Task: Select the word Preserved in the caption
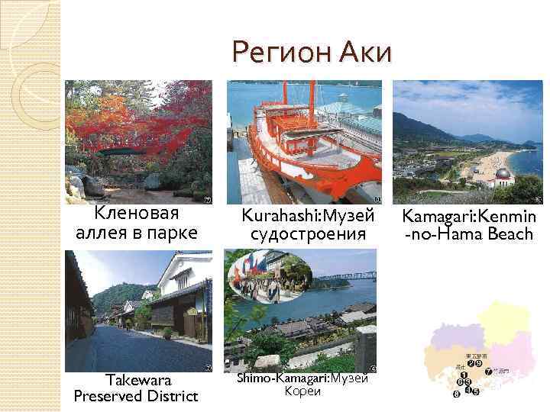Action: pos(112,396)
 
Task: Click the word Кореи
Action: pos(302,391)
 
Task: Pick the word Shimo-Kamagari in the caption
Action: pos(282,379)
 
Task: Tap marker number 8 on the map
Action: pos(456,394)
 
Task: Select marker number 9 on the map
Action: pos(478,362)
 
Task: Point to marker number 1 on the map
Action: pos(464,375)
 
